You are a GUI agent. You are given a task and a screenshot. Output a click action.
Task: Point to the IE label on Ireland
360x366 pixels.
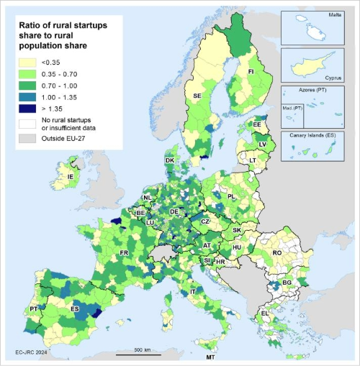pyautogui.click(x=71, y=176)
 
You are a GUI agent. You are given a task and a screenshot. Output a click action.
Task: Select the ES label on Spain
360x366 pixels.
pyautogui.click(x=74, y=308)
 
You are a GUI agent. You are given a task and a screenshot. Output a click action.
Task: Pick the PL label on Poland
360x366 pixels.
pyautogui.click(x=232, y=196)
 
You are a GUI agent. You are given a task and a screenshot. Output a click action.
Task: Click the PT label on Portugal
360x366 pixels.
pyautogui.click(x=34, y=308)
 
